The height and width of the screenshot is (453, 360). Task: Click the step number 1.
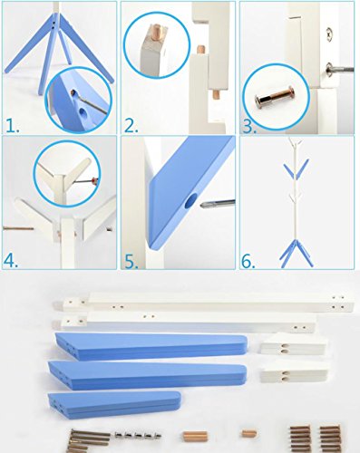pos(12,126)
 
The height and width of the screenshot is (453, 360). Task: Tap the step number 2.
pos(131,126)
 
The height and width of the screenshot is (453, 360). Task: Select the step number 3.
pos(249,127)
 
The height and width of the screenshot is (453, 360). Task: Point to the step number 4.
pos(11,261)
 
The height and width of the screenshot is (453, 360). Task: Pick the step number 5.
pos(131,262)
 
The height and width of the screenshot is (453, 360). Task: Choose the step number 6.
pos(248,262)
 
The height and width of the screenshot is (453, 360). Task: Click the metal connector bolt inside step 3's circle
pos(276,96)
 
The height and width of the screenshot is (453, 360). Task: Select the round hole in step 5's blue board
pos(190,201)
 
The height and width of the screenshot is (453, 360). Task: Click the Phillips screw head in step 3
pos(330,31)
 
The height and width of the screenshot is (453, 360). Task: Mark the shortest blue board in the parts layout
pos(114,404)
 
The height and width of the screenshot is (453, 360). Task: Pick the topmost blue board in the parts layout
pos(151,346)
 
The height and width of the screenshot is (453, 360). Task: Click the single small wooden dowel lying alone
pos(249,434)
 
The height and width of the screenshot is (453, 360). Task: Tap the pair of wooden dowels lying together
pos(195,437)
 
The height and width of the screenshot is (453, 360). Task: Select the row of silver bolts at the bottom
pos(138,435)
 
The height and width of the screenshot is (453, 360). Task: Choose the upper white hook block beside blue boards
pos(294,344)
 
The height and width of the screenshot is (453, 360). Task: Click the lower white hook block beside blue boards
pos(295,371)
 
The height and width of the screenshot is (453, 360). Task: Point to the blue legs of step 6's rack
pos(297,253)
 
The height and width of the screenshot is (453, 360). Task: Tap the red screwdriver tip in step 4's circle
pos(96,180)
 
